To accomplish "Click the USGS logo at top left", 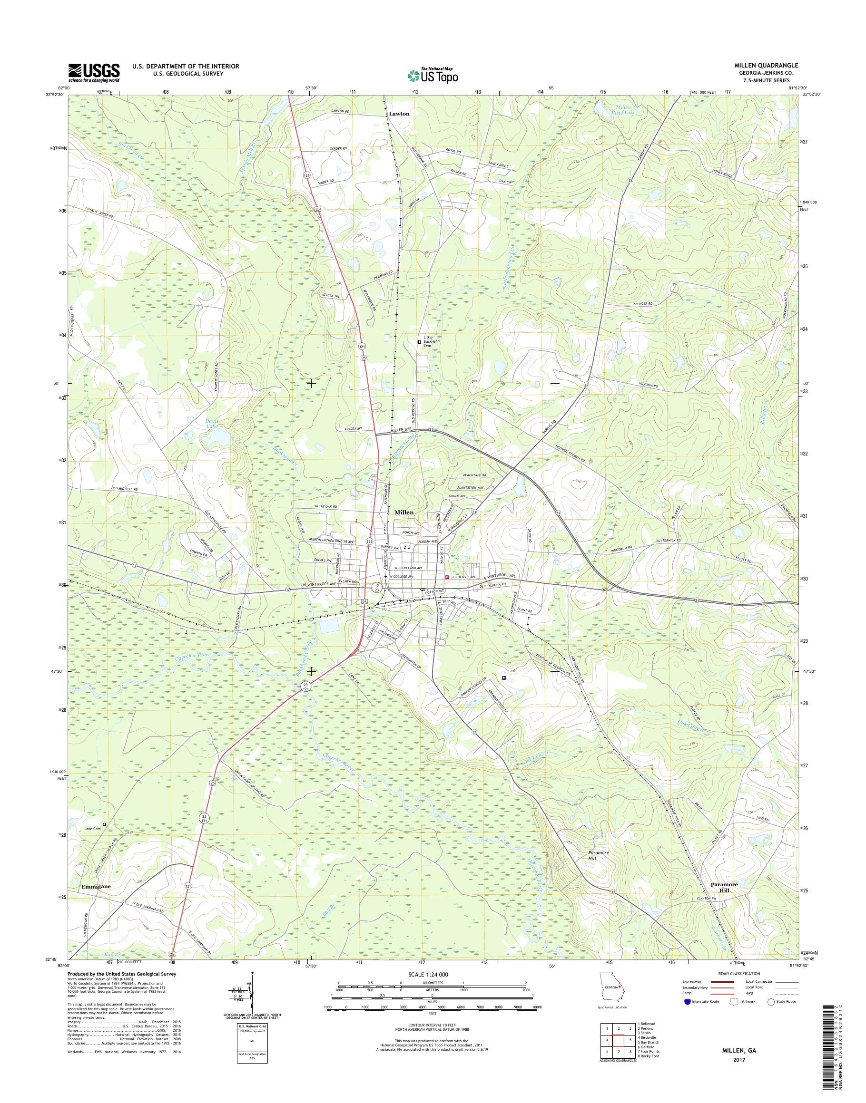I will [x=94, y=73].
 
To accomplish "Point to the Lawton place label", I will [x=399, y=114].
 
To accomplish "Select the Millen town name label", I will [x=403, y=512].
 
